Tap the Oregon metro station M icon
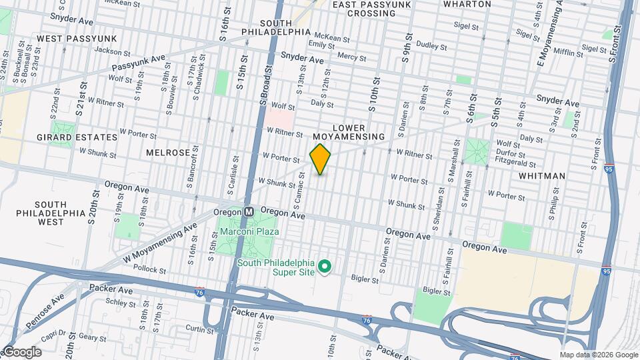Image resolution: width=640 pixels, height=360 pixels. click(x=249, y=211)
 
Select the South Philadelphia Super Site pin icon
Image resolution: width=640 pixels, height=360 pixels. click(x=325, y=267)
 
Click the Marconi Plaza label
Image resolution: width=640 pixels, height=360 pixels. click(x=249, y=232)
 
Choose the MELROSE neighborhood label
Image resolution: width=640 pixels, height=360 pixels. click(x=168, y=153)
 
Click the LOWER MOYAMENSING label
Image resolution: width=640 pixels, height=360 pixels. click(x=359, y=132)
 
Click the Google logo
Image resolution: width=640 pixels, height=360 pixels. click(x=21, y=352)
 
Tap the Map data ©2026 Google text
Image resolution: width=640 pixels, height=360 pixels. click(x=599, y=355)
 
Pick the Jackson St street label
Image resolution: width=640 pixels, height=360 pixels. click(x=111, y=51)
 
